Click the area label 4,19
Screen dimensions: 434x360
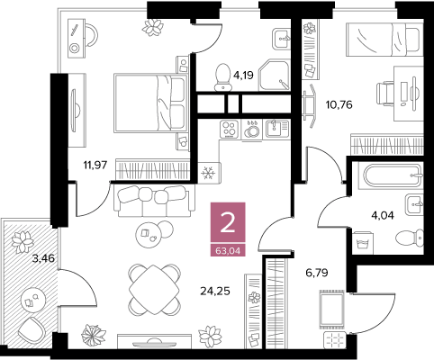(x=243, y=75)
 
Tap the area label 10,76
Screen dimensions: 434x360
(x=339, y=105)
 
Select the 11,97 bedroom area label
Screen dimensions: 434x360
(x=95, y=165)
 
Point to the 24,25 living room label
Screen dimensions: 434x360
(x=215, y=291)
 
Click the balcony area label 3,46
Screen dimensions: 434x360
(x=44, y=258)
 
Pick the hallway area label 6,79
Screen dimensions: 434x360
(x=317, y=273)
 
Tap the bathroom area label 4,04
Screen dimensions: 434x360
(x=383, y=215)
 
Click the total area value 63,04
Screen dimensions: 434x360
(x=228, y=251)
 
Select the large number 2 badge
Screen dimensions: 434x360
(x=228, y=223)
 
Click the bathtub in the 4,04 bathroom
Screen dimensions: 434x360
(x=393, y=176)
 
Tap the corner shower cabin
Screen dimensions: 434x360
(x=275, y=75)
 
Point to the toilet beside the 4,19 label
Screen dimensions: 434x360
(x=222, y=76)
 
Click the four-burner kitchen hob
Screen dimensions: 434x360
(x=229, y=129)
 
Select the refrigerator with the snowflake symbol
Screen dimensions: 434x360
(x=209, y=173)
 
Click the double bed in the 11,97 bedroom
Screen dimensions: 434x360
(x=150, y=103)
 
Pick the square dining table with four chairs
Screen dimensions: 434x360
(x=155, y=290)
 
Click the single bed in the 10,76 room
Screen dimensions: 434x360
(x=384, y=40)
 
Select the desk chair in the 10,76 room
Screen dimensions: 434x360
(x=385, y=93)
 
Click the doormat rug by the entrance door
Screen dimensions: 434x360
(x=332, y=309)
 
